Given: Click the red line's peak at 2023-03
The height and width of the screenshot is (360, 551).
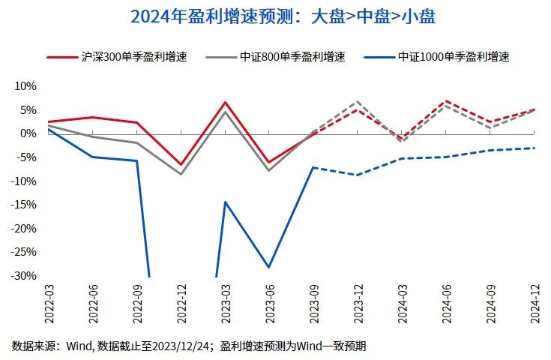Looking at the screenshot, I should coord(225,102).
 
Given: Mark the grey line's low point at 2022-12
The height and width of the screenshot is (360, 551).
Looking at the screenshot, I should coord(181,174).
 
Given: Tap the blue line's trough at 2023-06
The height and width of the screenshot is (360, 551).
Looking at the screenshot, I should coord(268,268).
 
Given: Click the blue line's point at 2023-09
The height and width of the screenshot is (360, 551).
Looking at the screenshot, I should coord(313,167).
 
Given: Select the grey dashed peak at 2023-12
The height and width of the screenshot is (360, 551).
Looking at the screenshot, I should coord(358,100).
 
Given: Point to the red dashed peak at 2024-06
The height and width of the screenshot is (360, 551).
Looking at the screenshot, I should coord(446,100).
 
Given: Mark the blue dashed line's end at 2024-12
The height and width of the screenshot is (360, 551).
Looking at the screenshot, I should coord(535,148).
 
